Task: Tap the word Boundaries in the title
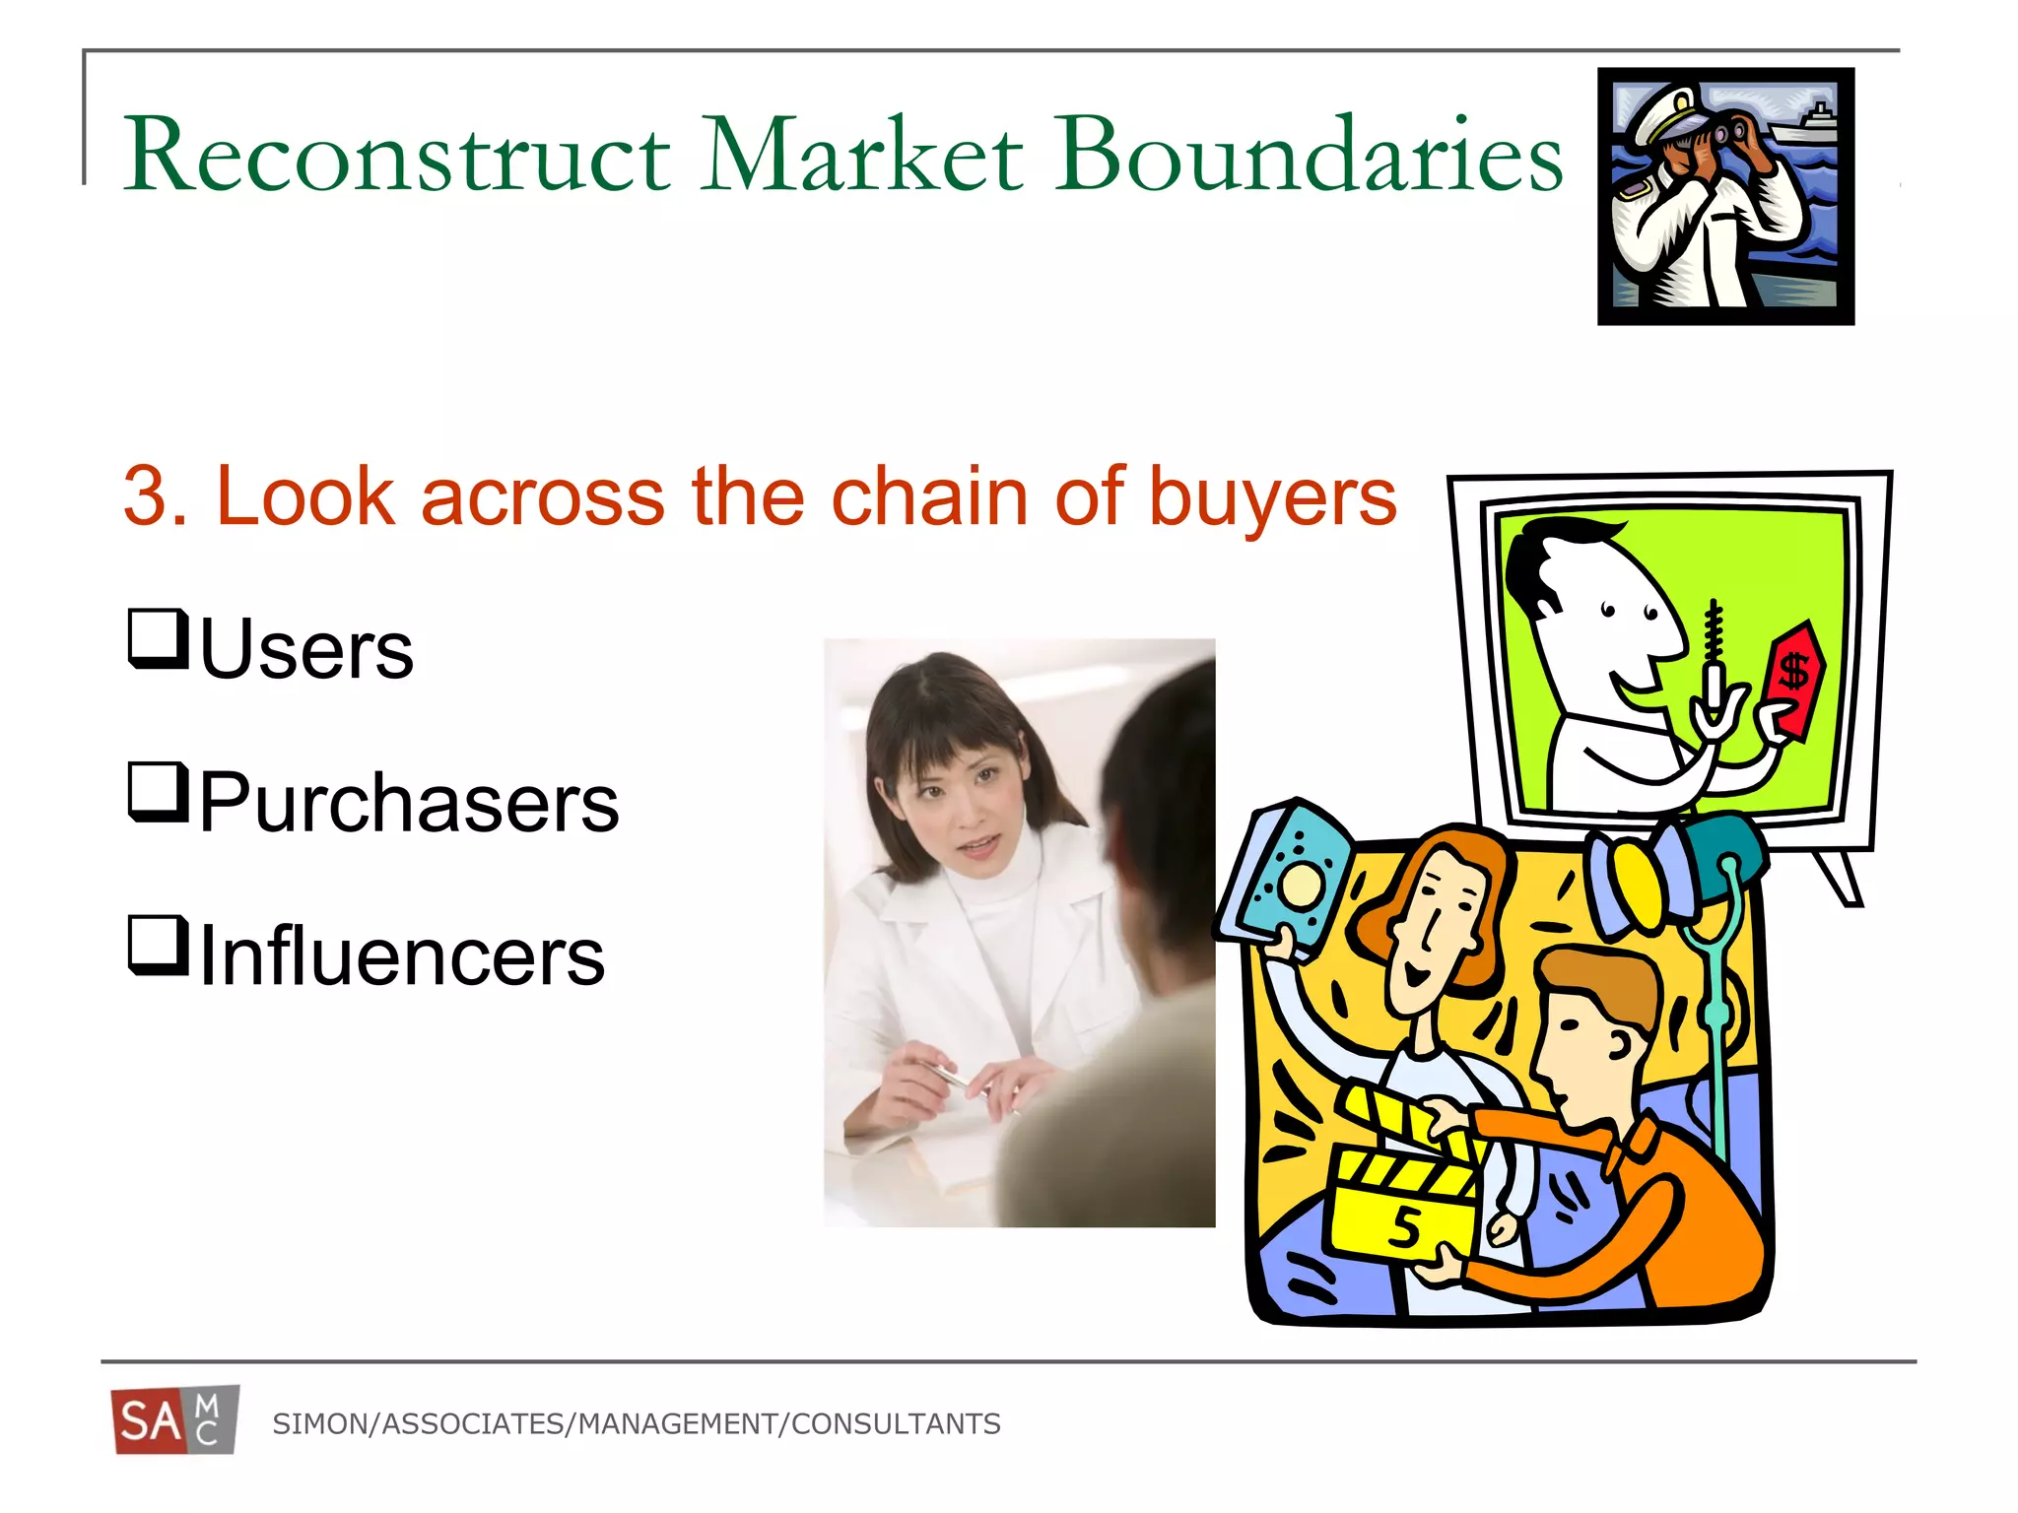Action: coord(1311,155)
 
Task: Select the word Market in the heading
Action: coord(863,155)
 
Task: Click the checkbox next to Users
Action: coord(158,639)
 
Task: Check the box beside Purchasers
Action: coord(158,792)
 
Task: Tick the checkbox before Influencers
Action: coord(158,946)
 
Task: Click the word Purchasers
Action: coord(409,803)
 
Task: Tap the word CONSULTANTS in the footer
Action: coord(896,1424)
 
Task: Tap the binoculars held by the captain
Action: coord(1724,133)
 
